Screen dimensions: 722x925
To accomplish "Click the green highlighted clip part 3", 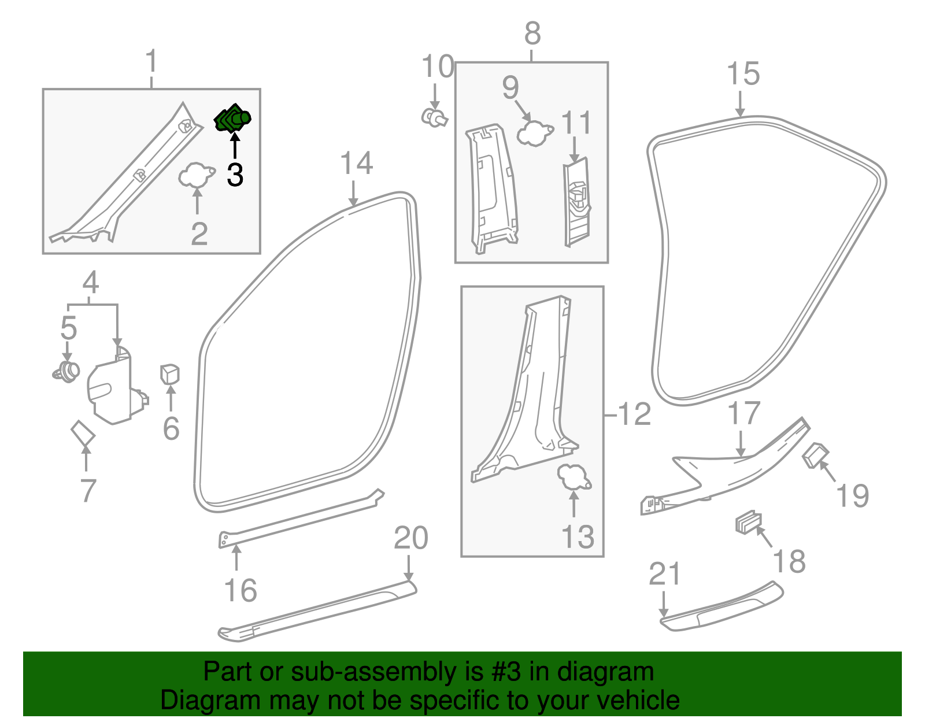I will point(232,119).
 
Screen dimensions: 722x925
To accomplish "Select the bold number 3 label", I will point(235,174).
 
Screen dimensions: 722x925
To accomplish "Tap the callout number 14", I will point(356,164).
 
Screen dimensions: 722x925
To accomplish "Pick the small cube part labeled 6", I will point(170,373).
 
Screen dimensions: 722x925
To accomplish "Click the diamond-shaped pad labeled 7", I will point(83,433).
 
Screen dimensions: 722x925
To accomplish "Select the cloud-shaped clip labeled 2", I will point(195,175).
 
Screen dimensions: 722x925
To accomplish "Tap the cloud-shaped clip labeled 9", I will point(534,134).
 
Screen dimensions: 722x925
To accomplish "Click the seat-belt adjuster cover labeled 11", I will point(577,202).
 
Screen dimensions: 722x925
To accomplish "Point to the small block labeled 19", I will point(815,456).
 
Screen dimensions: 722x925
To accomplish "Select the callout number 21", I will point(665,574).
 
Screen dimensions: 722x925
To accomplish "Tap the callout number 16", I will point(240,590).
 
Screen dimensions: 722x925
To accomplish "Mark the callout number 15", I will point(743,74).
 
